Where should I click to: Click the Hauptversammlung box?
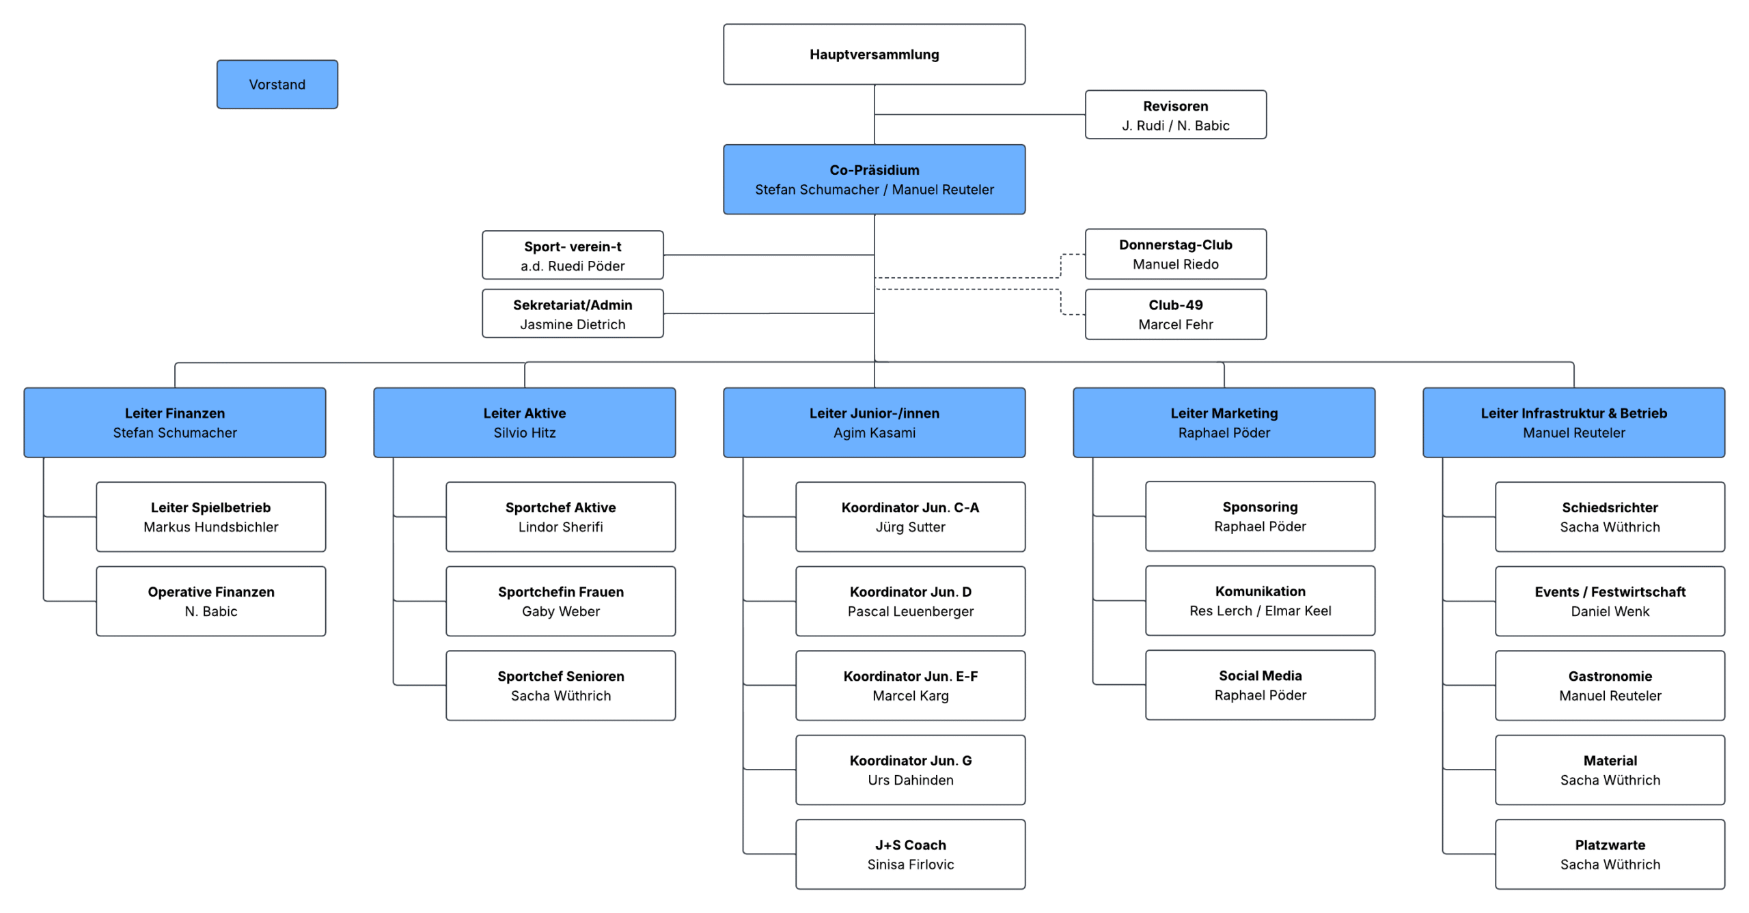click(874, 55)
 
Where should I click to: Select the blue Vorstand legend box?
click(277, 84)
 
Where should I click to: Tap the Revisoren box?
click(1175, 115)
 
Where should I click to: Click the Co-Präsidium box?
click(874, 180)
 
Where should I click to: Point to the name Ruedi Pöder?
click(586, 266)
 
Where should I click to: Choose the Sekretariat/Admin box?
click(573, 313)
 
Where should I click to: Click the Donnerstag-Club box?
click(1175, 254)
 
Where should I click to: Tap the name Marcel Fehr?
click(1175, 324)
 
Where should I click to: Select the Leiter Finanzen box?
click(175, 423)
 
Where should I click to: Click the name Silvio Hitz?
click(525, 433)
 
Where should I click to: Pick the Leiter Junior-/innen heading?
click(874, 413)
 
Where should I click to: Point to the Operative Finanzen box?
click(211, 602)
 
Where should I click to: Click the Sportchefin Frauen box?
click(561, 602)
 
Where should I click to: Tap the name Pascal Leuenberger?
click(911, 611)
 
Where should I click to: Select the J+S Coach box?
click(911, 854)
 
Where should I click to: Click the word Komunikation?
click(1260, 591)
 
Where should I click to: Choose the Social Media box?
click(1260, 685)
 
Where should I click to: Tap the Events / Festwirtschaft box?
click(1610, 602)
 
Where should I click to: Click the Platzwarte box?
click(1610, 854)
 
